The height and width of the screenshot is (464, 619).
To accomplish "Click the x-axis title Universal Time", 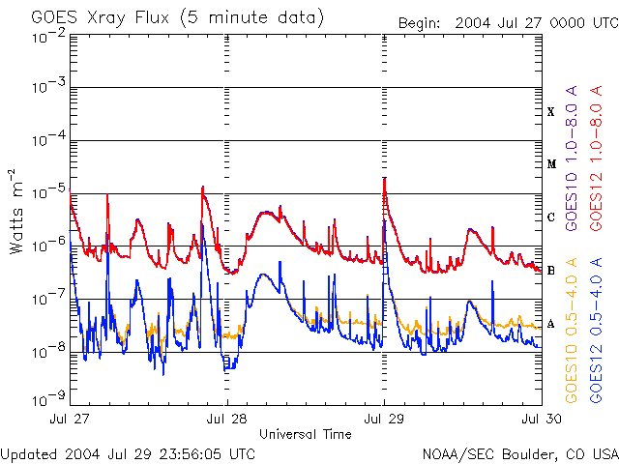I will pos(305,434).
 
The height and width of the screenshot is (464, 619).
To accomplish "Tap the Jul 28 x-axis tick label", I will pos(226,420).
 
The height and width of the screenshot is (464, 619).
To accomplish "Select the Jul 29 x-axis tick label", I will pos(384,420).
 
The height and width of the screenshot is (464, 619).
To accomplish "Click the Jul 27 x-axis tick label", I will pos(70,420).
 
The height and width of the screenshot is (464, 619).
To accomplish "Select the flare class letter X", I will pos(551,112).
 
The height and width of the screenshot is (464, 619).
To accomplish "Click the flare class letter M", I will pos(551,164).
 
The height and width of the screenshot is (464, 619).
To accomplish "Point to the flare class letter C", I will pos(551,217).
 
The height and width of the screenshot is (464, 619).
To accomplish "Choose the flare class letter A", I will pos(551,324).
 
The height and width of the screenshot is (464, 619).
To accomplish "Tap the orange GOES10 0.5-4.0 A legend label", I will pos(573,330).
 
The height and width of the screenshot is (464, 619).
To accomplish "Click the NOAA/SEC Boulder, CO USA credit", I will pos(519,453).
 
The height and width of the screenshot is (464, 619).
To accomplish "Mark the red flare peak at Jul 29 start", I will pos(385,179).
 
